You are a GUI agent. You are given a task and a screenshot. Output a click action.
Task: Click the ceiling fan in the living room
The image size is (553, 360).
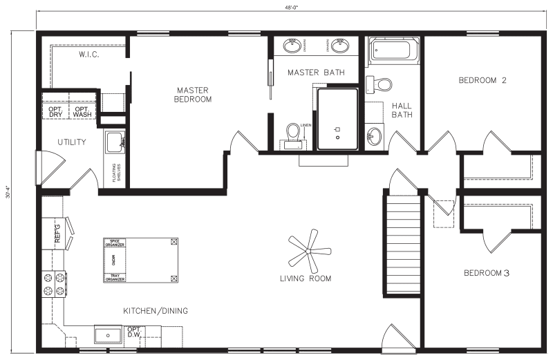coord(306,250)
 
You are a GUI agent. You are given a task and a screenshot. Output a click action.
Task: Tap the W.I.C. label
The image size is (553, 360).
coord(91,54)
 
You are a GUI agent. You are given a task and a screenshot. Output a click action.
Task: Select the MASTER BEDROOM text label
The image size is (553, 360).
coord(193,95)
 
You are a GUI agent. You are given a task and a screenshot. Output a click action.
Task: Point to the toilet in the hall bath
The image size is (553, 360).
coord(381,84)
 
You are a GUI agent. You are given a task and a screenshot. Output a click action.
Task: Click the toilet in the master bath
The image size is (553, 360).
coord(293,133)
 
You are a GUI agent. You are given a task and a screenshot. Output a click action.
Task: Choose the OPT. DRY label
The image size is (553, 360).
coord(55,112)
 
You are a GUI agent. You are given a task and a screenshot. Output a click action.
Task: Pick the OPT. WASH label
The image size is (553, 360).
coord(82,112)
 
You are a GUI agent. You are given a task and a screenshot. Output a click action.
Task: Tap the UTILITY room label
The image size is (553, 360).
coord(71,142)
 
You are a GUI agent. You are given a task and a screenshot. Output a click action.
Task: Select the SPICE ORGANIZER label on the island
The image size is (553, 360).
coord(114,243)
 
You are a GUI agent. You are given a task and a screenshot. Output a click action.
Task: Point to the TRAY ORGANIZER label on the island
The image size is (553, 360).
coord(114,277)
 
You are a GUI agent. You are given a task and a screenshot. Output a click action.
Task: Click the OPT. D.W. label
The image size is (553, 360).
coord(134,332)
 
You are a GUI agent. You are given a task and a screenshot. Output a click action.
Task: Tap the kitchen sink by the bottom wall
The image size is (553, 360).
coord(109,335)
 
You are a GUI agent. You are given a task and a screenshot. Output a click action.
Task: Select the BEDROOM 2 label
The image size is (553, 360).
coord(482,80)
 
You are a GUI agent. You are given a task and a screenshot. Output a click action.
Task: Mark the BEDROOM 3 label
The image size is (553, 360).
coord(486,274)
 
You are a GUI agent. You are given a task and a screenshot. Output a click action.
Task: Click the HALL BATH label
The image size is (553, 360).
coord(402,111)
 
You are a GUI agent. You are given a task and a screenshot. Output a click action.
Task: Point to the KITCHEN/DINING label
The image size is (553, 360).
coord(156,311)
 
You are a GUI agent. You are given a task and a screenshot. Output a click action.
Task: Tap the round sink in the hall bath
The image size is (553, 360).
coord(375,135)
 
